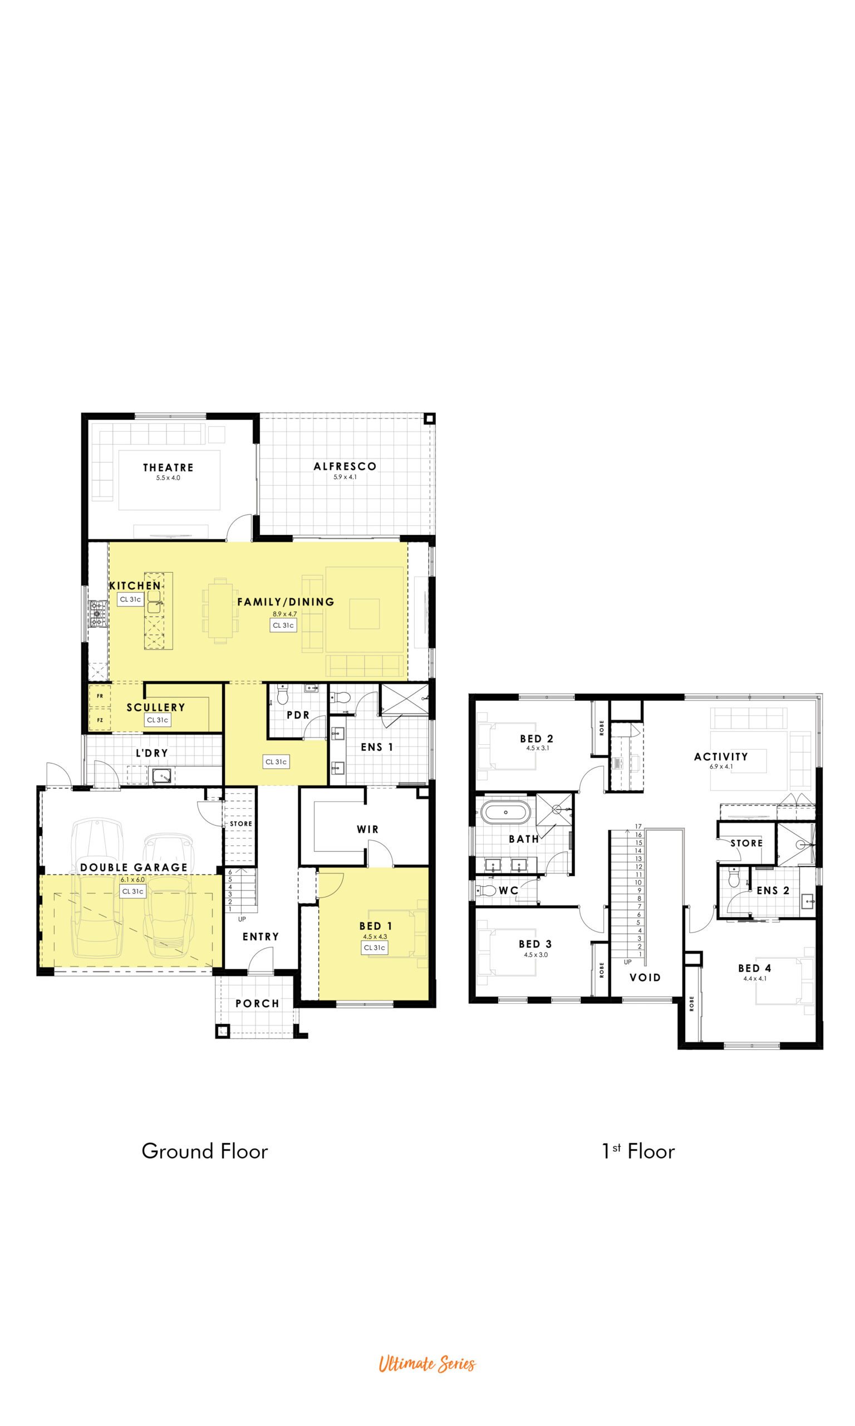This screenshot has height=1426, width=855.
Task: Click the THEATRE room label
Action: pyautogui.click(x=168, y=467)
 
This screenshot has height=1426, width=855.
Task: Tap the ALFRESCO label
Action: pyautogui.click(x=345, y=466)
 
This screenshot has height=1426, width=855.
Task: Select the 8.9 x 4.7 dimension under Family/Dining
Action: pyautogui.click(x=284, y=614)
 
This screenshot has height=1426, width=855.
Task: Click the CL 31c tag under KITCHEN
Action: pyautogui.click(x=130, y=599)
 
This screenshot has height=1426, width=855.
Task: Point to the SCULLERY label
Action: pyautogui.click(x=156, y=707)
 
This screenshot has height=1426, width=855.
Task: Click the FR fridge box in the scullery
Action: pyautogui.click(x=100, y=696)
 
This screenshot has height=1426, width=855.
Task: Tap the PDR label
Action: pyautogui.click(x=298, y=715)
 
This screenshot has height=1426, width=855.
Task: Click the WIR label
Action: pyautogui.click(x=367, y=829)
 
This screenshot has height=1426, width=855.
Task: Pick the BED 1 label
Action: pyautogui.click(x=376, y=926)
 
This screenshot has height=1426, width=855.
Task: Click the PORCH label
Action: pyautogui.click(x=258, y=1004)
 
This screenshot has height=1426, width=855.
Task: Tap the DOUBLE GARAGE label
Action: pyautogui.click(x=134, y=867)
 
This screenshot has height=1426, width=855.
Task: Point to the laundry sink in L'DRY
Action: pyautogui.click(x=162, y=776)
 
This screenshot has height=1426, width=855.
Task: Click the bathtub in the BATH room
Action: pyautogui.click(x=506, y=812)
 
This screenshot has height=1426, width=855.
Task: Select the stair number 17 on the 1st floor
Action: pyautogui.click(x=638, y=827)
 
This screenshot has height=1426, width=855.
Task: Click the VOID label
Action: pyautogui.click(x=645, y=978)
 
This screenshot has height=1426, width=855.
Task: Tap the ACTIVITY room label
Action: pyautogui.click(x=721, y=757)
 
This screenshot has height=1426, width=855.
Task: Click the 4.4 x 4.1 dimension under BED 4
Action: pyautogui.click(x=755, y=978)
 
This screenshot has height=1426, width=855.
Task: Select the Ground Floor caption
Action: pyautogui.click(x=205, y=1151)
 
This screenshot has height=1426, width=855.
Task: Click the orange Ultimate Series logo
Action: pyautogui.click(x=427, y=1364)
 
